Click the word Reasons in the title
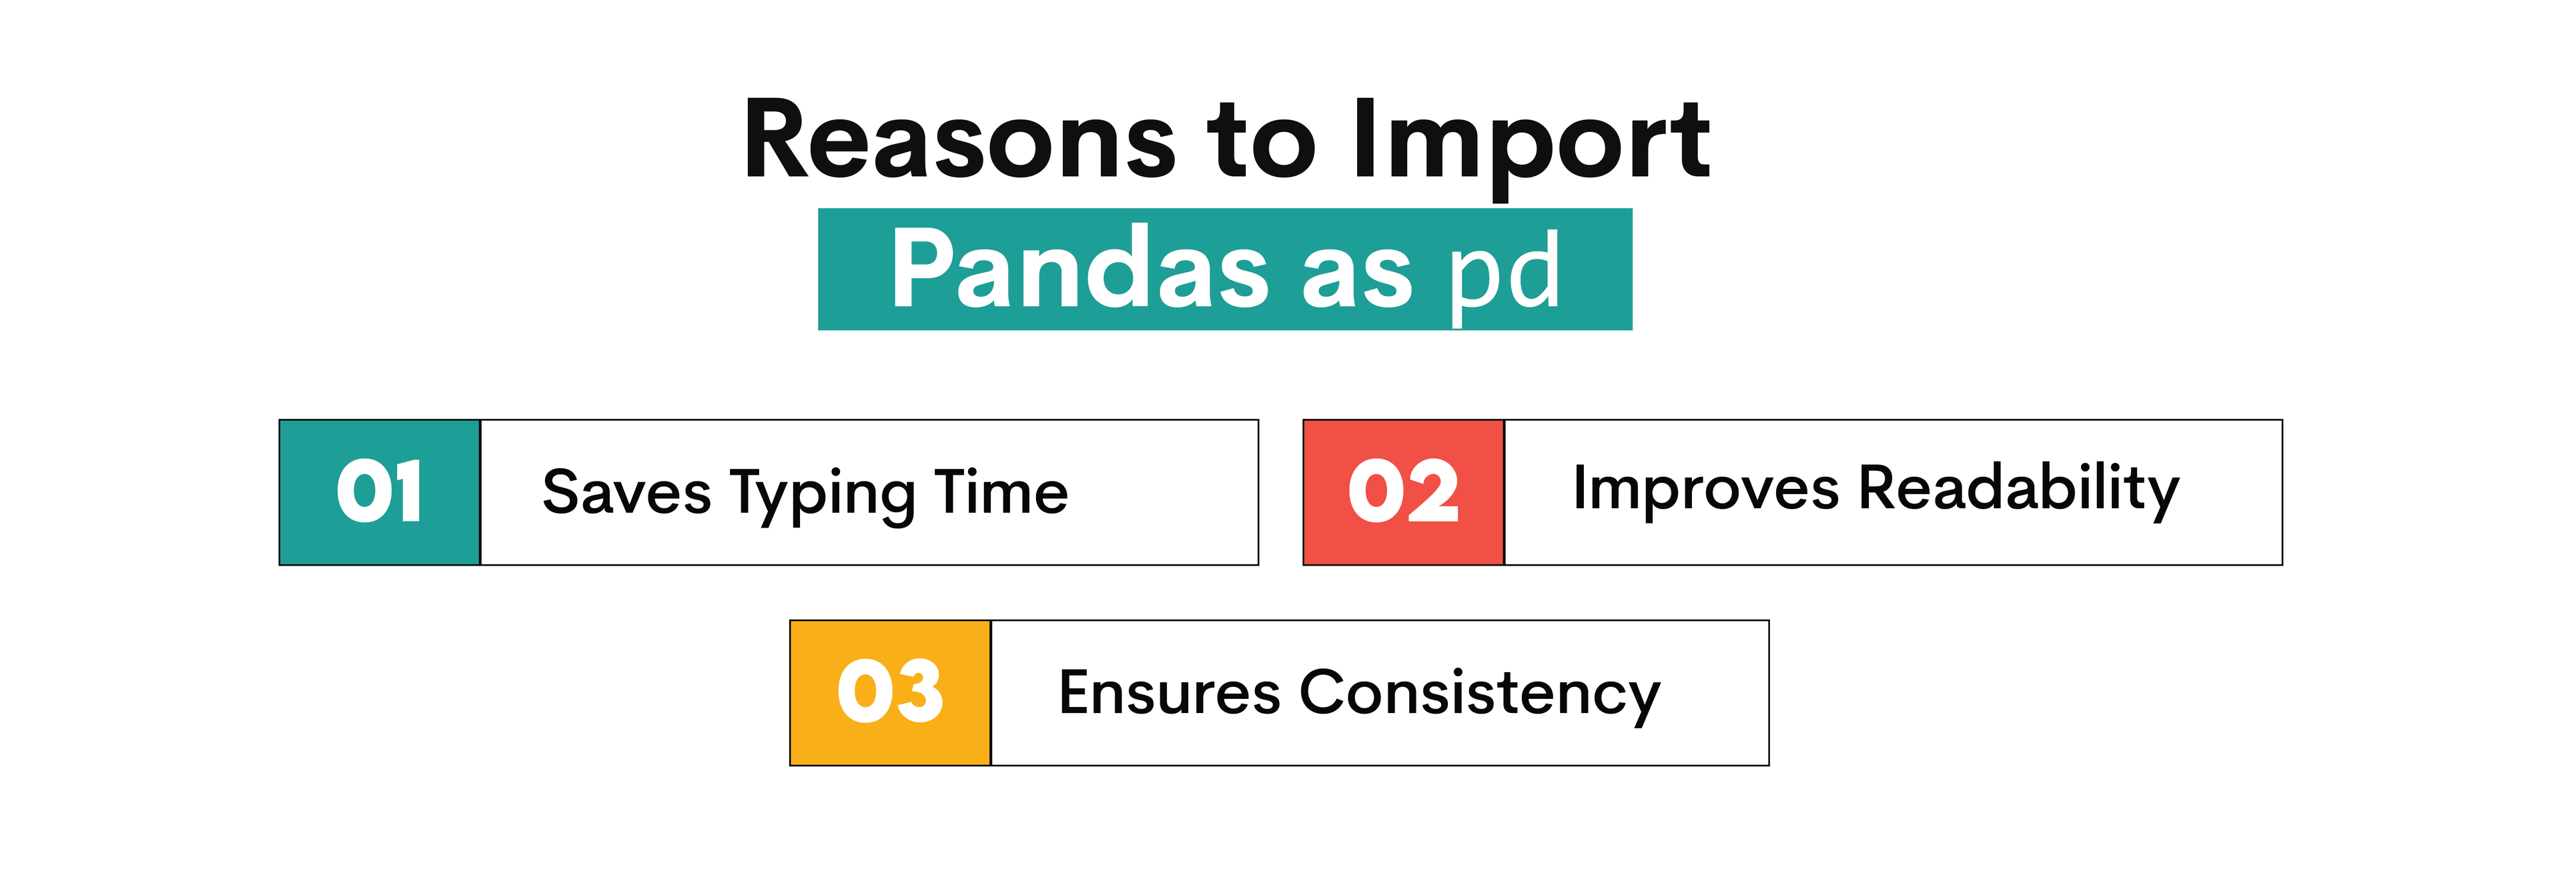[960, 141]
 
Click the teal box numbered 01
[379, 492]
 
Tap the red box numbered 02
[1403, 492]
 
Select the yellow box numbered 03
[890, 693]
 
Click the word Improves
[1706, 490]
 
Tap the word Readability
[2019, 490]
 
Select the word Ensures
[1169, 693]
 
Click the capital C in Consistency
[1325, 692]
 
